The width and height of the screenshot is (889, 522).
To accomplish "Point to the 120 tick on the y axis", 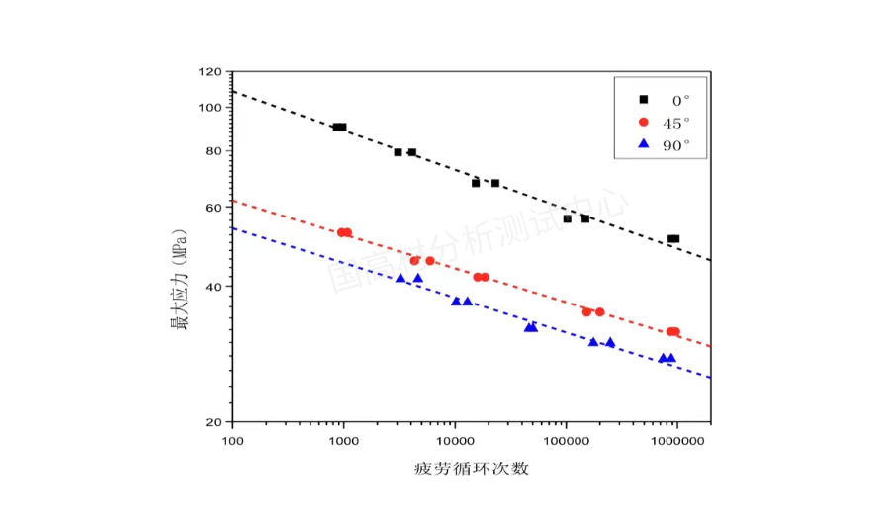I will coord(210,72).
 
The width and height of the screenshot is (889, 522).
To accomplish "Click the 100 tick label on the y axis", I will coord(210,108).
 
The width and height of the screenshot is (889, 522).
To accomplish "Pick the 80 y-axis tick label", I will coord(213,151).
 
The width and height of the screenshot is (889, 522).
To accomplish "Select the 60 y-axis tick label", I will coord(213,208).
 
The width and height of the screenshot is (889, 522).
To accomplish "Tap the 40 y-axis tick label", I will coord(213,287).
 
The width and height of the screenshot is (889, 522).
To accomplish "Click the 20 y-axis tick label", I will coord(213,422).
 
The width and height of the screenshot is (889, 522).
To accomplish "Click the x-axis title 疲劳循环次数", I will coord(472,468).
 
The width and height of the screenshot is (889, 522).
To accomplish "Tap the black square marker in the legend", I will coord(644,100).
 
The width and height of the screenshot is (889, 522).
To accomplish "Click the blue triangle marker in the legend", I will coord(644,144).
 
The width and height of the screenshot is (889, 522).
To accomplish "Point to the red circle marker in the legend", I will coord(644,122).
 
